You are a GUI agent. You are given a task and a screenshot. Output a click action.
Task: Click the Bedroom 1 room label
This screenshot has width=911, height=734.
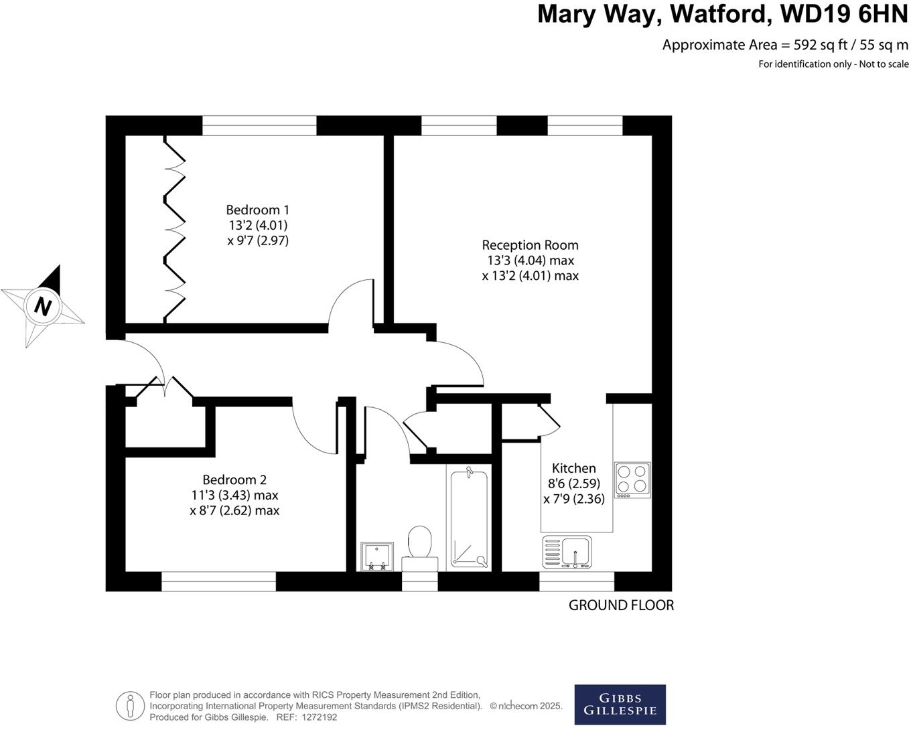pos(258,210)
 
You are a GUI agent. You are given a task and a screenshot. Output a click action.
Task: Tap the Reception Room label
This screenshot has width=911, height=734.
pos(530,245)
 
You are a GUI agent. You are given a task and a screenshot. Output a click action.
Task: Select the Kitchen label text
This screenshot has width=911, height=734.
pos(573,468)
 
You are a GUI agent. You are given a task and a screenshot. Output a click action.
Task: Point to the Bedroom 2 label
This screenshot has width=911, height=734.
pos(234,480)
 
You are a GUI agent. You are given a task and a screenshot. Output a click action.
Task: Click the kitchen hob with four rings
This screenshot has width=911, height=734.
pos(632,480)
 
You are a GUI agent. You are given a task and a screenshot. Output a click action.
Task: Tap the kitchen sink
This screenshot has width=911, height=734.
pos(567,553)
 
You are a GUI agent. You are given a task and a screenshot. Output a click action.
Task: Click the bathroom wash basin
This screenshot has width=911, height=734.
pos(376,557)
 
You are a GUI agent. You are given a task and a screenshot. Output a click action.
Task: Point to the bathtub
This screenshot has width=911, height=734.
pos(470,519)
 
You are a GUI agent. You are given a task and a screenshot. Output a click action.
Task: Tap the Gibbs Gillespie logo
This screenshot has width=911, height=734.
pos(620,705)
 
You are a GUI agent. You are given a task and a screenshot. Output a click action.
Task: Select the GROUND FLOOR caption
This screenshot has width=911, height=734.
pos(621,605)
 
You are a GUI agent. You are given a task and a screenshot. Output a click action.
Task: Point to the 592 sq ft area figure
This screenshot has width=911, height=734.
pos(822,45)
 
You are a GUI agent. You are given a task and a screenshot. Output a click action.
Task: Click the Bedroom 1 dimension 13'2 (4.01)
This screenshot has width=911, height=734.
pos(258,225)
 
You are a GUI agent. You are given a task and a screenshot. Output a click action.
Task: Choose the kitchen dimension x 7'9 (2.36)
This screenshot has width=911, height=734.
pos(574,499)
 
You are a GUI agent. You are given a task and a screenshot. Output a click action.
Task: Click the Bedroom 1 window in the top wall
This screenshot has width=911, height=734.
pos(259,125)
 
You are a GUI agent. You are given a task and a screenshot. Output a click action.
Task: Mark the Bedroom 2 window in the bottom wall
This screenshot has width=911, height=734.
pos(218,581)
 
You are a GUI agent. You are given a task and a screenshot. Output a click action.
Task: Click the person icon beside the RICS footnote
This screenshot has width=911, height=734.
pos(130,706)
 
